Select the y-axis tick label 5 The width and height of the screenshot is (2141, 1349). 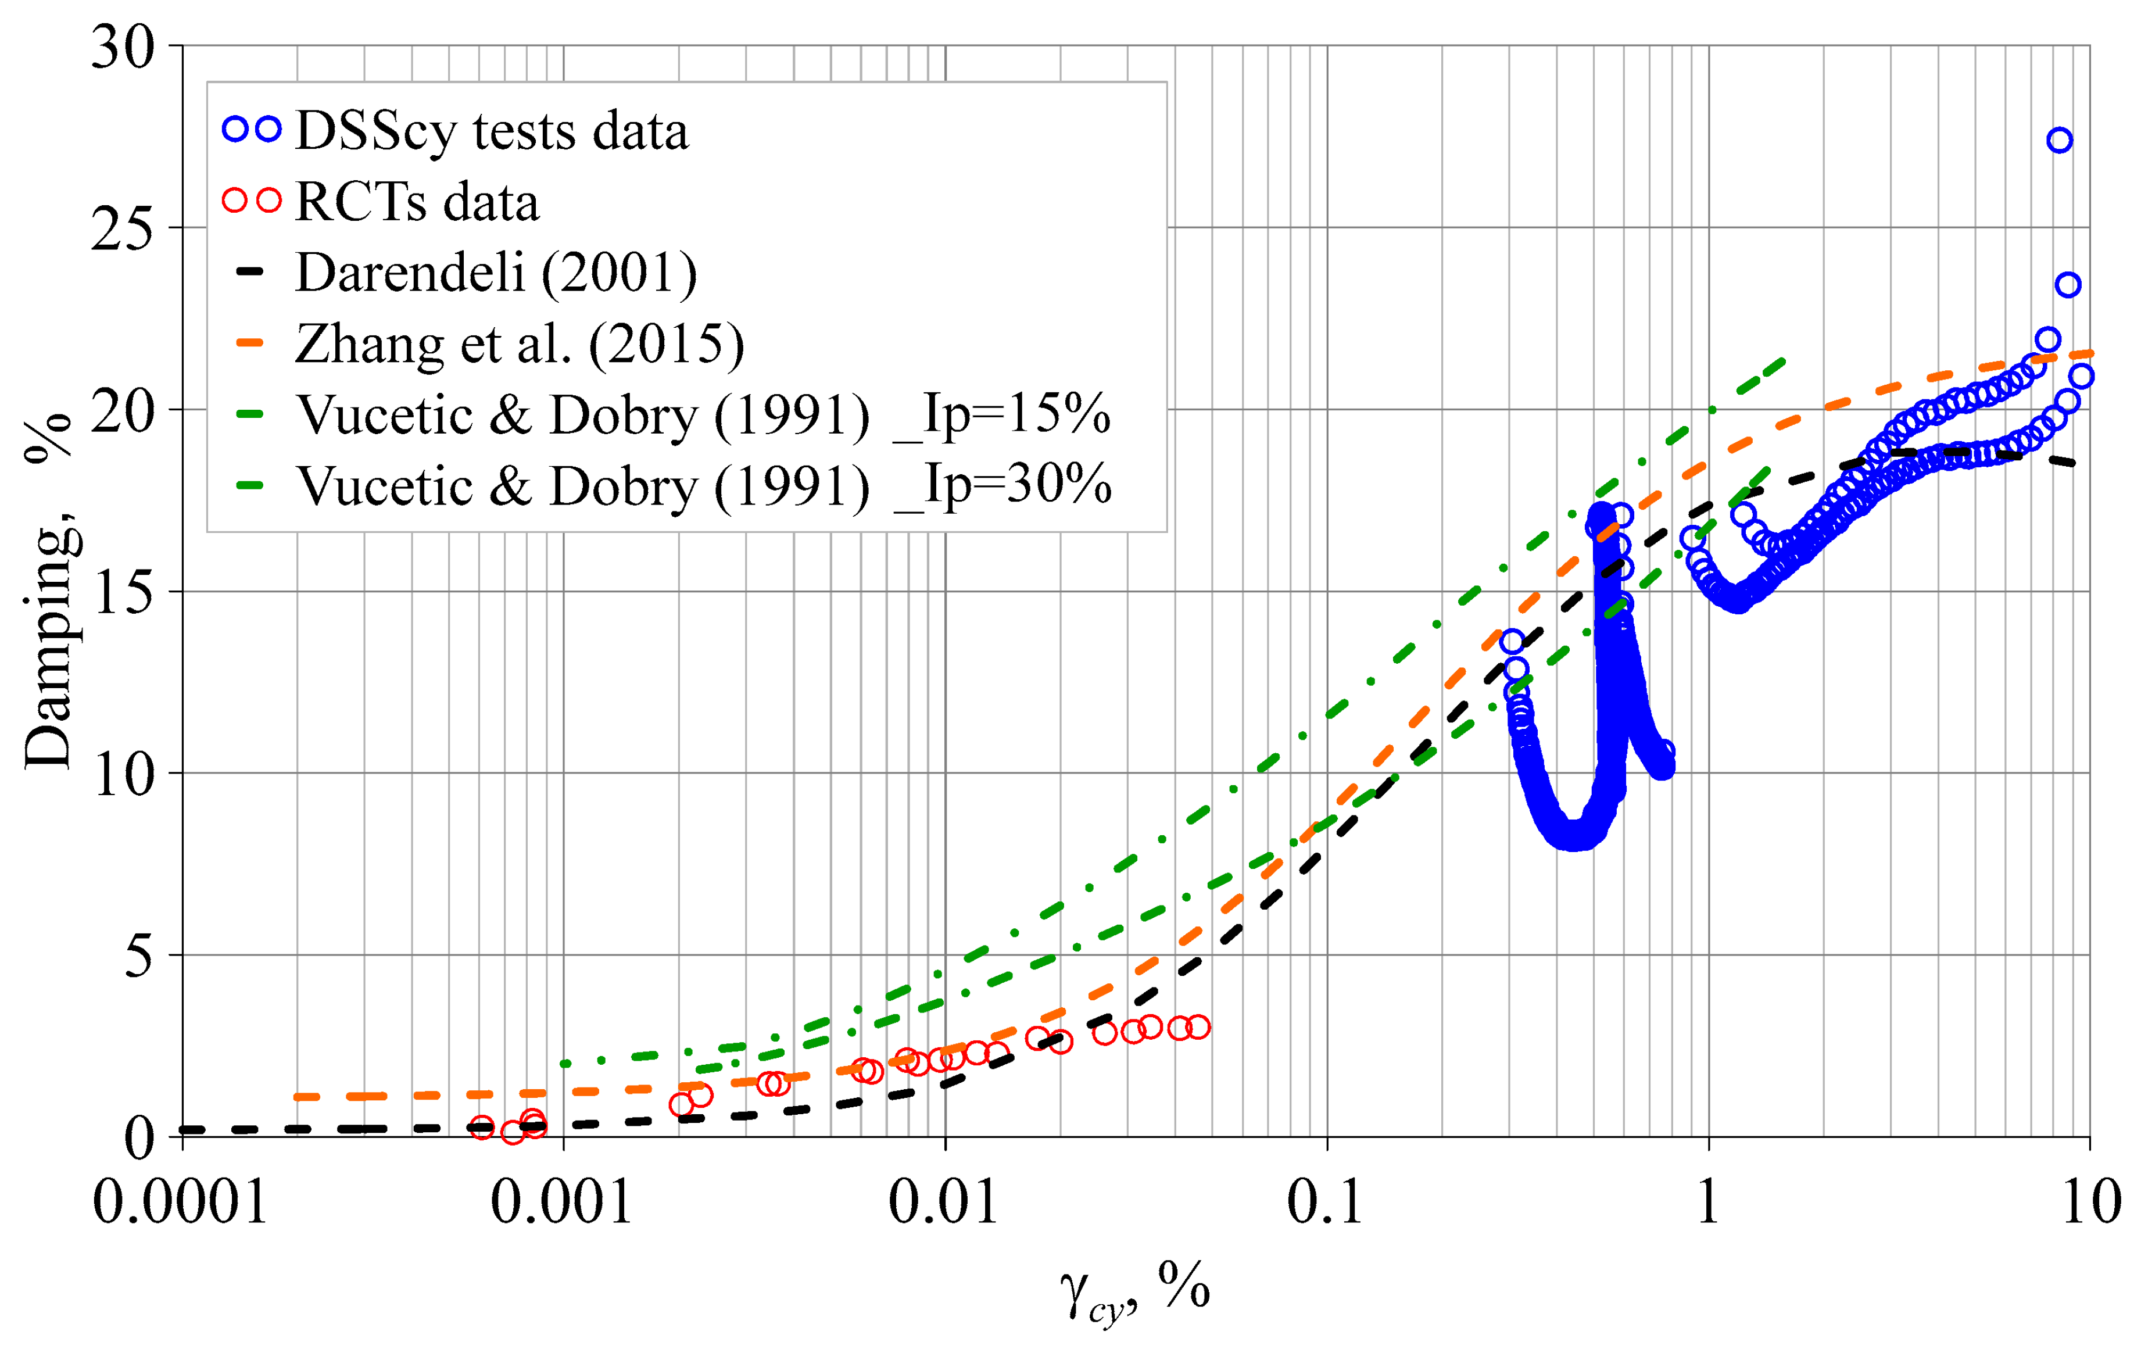[x=139, y=957]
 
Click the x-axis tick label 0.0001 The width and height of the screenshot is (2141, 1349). [x=181, y=1203]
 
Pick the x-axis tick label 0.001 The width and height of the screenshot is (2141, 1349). [x=562, y=1203]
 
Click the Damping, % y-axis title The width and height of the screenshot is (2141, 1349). [x=48, y=591]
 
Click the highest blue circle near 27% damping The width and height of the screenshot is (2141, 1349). [x=2059, y=139]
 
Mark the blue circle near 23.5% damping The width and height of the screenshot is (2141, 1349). [x=2068, y=285]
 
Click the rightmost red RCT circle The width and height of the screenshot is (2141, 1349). [x=1198, y=1027]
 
